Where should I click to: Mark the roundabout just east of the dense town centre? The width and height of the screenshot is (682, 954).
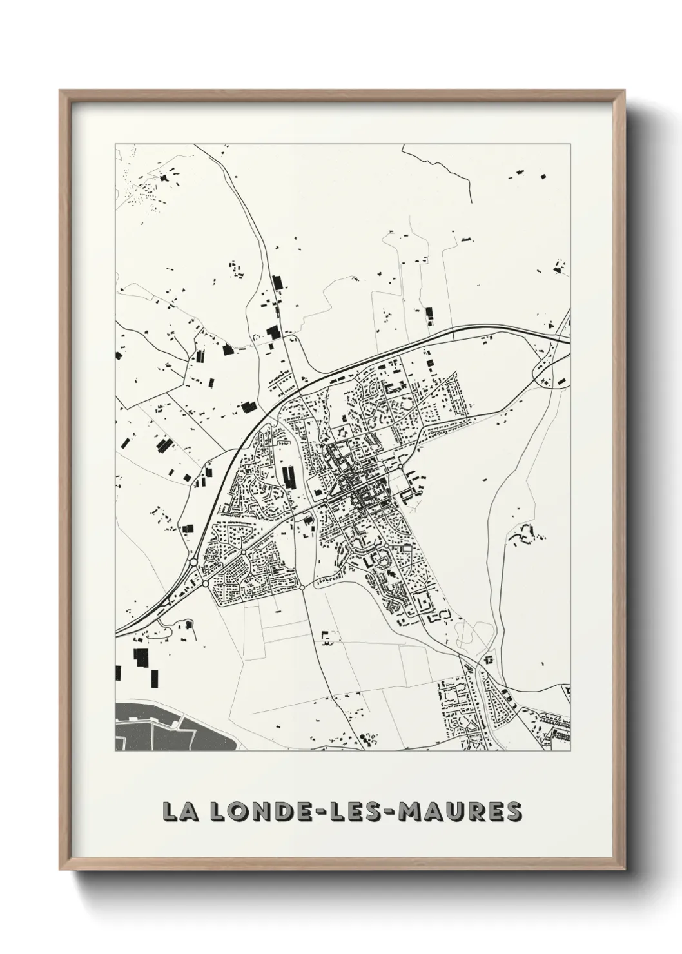pos(401,467)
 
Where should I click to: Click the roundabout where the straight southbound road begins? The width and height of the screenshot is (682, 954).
pos(302,587)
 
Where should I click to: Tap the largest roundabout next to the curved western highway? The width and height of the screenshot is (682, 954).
pos(193,563)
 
